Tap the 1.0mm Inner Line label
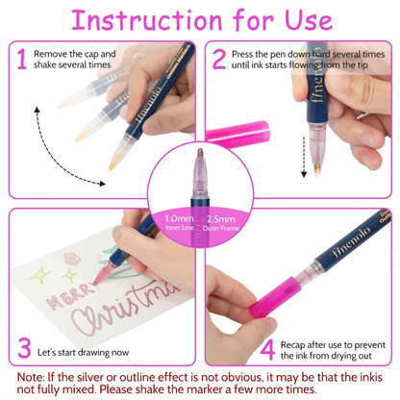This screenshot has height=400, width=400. pyautogui.click(x=180, y=222)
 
